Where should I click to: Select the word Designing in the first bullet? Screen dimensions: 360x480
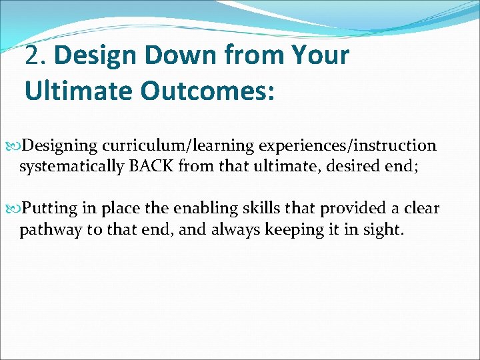60,145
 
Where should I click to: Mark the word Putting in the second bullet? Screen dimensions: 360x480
51,208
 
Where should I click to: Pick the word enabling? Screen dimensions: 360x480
202,208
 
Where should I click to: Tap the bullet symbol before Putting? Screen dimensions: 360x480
16,209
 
